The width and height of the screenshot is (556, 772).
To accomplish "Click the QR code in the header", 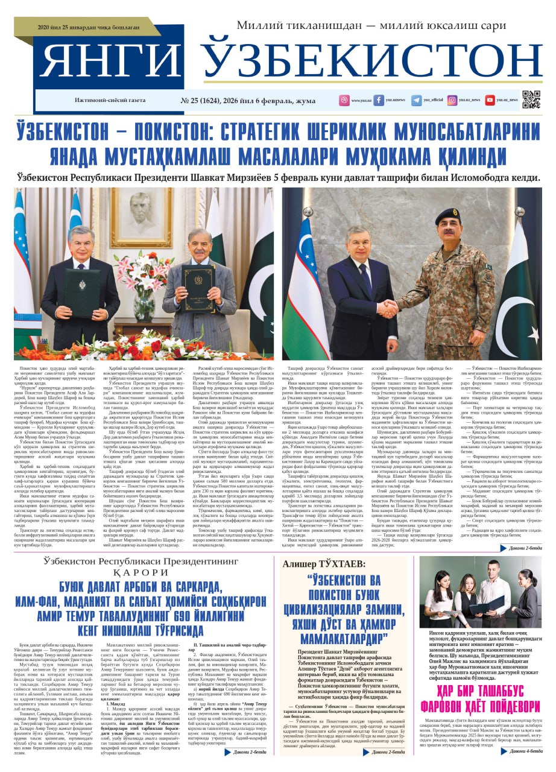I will [531, 99].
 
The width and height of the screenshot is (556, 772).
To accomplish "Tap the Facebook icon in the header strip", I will [379, 100].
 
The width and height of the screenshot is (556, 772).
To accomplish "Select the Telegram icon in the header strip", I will [416, 100].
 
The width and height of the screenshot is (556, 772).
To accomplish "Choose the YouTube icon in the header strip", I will [490, 100].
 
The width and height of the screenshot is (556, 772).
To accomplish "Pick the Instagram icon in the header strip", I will [452, 100].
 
